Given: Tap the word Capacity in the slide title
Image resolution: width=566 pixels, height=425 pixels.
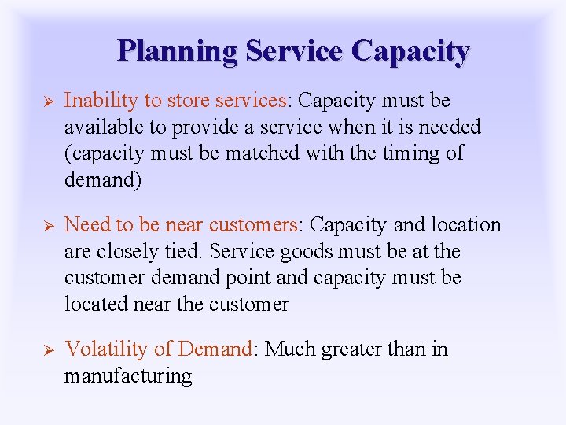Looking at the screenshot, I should point(410,51).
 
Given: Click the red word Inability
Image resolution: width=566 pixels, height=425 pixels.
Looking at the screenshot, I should point(94,101).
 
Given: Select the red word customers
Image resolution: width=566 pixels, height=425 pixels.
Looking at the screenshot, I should point(251,225).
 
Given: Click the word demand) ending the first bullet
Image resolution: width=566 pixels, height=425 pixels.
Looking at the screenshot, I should point(103,179).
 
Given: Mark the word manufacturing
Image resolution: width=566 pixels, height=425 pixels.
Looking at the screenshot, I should point(127,375).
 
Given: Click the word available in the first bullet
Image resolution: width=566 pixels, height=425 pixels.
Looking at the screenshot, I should point(100,127).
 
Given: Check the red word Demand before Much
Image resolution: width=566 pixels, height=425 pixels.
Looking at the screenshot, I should point(215,349).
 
